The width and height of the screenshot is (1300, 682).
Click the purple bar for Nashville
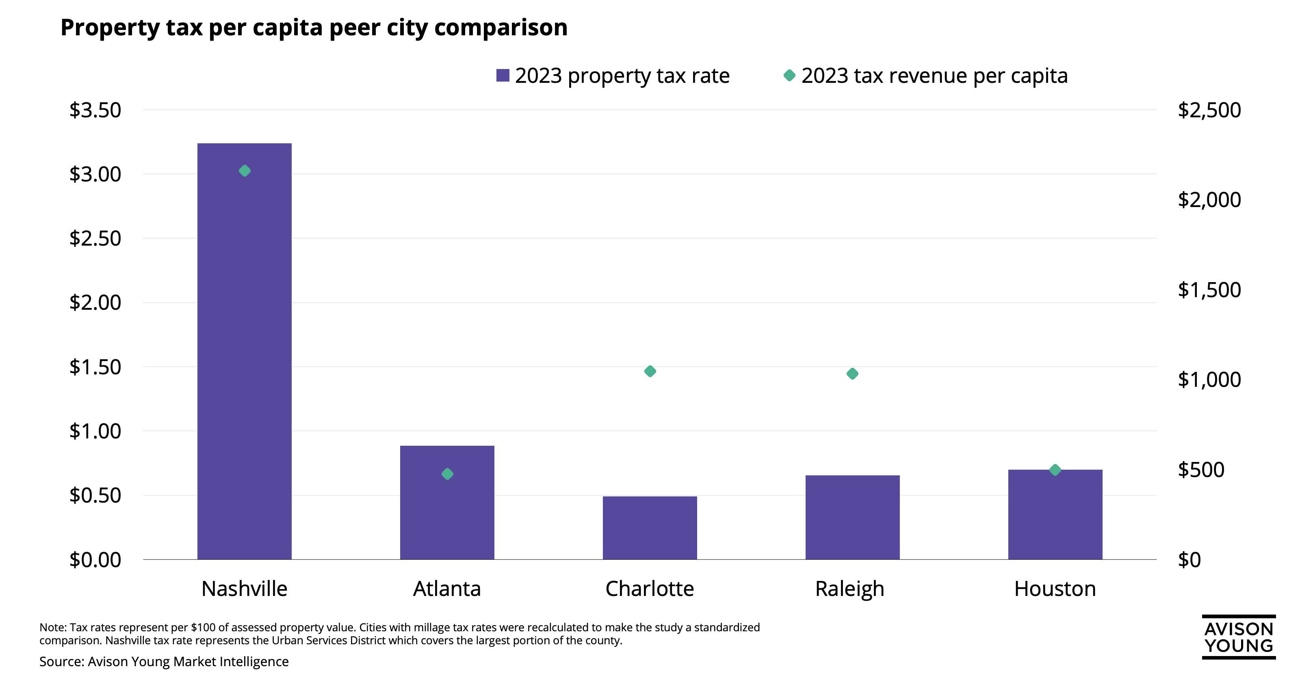244,353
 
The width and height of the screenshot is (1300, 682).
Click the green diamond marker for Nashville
244,171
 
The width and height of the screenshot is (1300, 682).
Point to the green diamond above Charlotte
650,371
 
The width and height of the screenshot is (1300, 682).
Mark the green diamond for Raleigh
852,374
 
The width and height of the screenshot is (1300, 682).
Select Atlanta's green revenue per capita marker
447,474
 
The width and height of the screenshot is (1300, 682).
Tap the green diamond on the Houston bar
1055,470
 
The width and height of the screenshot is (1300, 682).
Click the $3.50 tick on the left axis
95,110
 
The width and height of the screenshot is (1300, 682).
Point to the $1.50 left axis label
95,367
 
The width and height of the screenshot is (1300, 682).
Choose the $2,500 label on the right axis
1209,110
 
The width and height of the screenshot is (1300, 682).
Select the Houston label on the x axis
1055,589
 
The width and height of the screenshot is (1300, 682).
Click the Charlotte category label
650,589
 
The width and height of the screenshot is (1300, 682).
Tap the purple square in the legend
503,76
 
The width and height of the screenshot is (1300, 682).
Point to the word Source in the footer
60,661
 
